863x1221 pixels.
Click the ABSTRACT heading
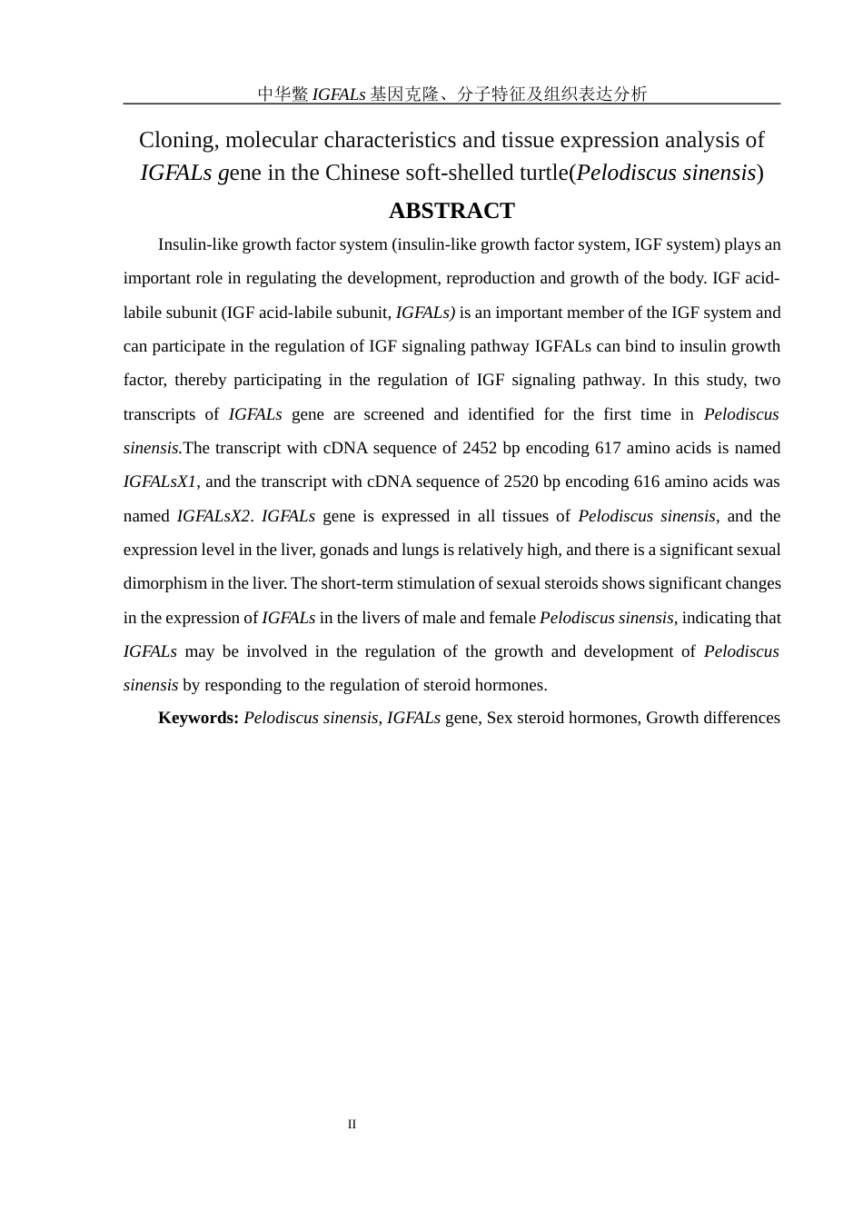(x=451, y=211)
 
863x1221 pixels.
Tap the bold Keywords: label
(x=198, y=718)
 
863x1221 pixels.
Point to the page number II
(x=352, y=1124)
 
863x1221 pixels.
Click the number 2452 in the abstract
(x=481, y=448)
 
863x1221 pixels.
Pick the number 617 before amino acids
(x=608, y=448)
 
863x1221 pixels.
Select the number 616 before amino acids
(x=647, y=481)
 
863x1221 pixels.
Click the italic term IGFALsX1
(x=160, y=481)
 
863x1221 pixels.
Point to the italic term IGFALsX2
(x=213, y=516)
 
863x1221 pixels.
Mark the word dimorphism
(x=164, y=583)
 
